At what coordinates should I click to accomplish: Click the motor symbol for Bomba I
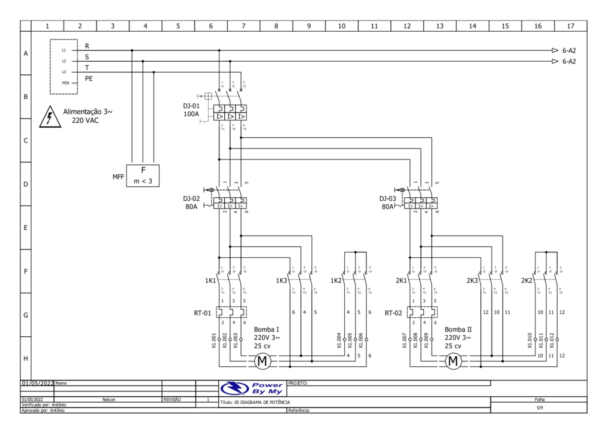coord(263,361)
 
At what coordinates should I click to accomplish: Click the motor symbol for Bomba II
coord(453,361)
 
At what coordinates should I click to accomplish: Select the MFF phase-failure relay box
coord(143,176)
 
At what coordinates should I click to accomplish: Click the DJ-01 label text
coord(192,106)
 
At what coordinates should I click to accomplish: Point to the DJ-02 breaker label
coord(192,198)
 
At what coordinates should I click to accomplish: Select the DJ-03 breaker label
coord(388,198)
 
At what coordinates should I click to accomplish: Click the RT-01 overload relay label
coord(202,312)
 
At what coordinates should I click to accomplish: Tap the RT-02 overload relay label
coord(393,312)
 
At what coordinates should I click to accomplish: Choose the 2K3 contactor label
coord(472,281)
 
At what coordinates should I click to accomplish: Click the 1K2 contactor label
coord(336,281)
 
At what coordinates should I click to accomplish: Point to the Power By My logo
coord(252,388)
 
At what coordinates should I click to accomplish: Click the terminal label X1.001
coord(214,340)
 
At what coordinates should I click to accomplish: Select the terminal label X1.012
coord(551,340)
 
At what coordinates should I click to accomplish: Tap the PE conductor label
coord(89,79)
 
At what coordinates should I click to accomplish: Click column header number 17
coord(570,26)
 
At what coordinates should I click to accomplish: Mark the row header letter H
coord(26,358)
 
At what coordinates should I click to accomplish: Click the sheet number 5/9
coord(539,408)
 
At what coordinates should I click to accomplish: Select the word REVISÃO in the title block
coord(172,399)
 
